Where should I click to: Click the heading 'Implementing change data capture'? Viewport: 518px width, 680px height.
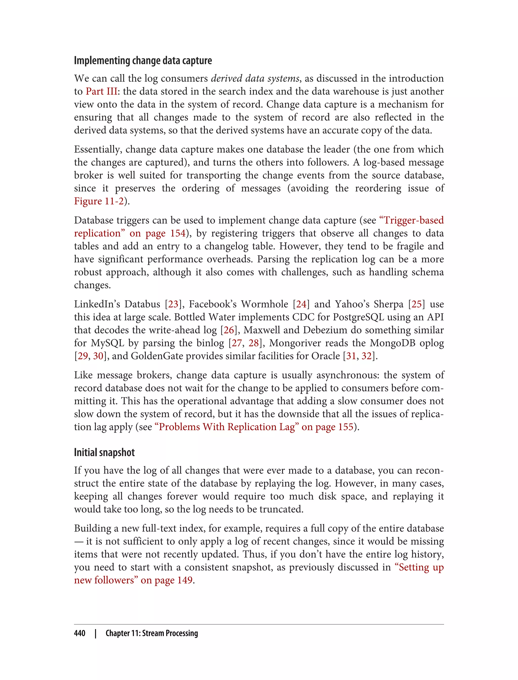click(x=143, y=61)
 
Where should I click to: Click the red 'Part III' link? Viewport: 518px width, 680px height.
click(x=101, y=92)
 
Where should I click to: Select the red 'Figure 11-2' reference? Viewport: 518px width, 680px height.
click(x=99, y=201)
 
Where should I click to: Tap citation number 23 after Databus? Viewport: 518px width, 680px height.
click(x=173, y=304)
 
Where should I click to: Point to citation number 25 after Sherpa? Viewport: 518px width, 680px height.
click(x=417, y=304)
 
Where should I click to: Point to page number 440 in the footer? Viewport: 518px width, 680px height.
click(x=80, y=633)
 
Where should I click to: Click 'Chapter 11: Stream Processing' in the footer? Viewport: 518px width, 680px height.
click(x=152, y=633)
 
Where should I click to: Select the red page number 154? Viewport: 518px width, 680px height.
click(x=178, y=233)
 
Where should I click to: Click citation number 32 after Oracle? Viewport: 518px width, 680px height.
click(x=366, y=356)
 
